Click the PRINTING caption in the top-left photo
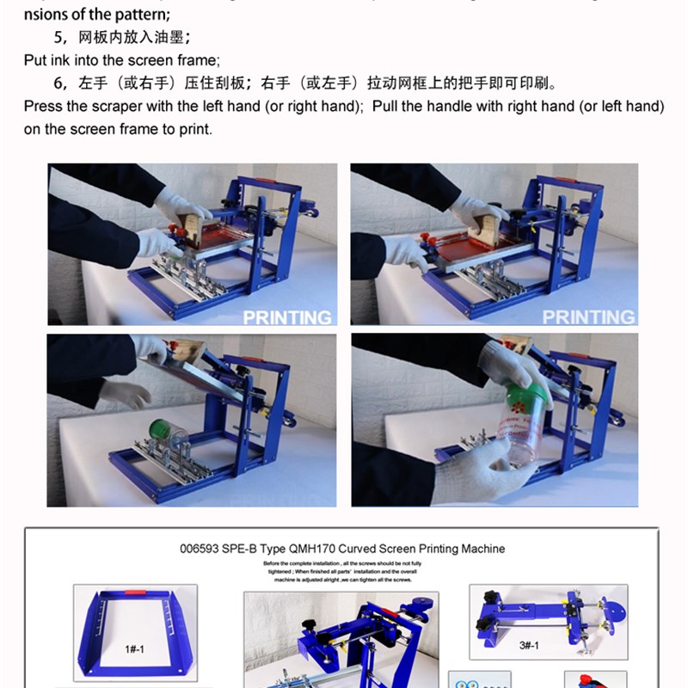pyautogui.click(x=286, y=317)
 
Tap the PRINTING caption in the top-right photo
pyautogui.click(x=588, y=317)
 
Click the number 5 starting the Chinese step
pyautogui.click(x=59, y=38)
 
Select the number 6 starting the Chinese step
pyautogui.click(x=59, y=84)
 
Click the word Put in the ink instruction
pyautogui.click(x=37, y=60)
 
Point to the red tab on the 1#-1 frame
pyautogui.click(x=134, y=593)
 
